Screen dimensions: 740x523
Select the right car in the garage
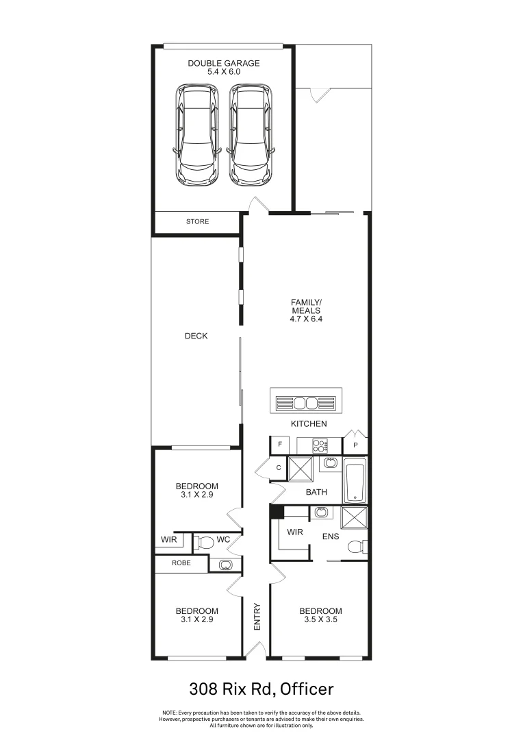(x=249, y=134)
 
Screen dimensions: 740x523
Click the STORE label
(x=197, y=222)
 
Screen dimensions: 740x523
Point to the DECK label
(x=196, y=336)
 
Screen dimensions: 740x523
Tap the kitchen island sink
(x=305, y=402)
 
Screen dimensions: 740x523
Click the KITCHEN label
(x=309, y=424)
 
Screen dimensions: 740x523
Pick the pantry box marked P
(x=355, y=445)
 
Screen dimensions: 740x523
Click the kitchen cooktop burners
(x=319, y=445)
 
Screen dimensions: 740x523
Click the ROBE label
(x=181, y=564)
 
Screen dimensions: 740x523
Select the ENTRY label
(x=257, y=617)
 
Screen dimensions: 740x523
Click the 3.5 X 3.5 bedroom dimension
(x=320, y=619)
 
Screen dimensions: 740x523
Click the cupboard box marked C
(x=279, y=468)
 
